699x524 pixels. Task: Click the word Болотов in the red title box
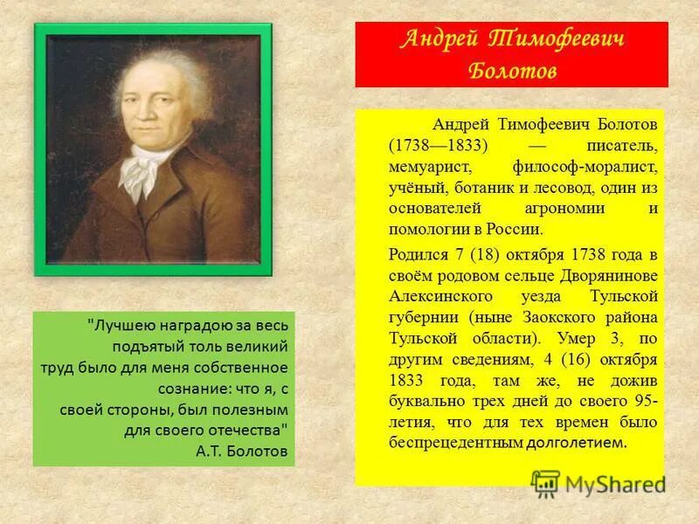pos(512,70)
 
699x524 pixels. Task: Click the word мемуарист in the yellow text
pos(431,165)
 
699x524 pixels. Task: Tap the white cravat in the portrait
pos(141,168)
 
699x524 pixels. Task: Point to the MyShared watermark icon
pos(545,483)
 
